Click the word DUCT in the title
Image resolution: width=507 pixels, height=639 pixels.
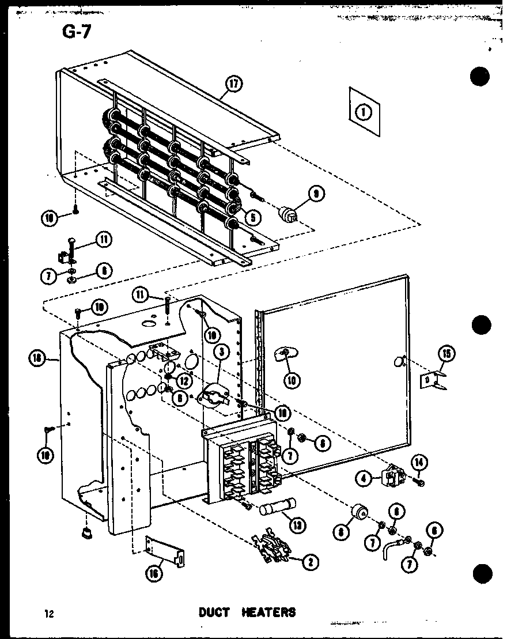(x=214, y=612)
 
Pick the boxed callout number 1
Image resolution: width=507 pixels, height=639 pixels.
(x=364, y=112)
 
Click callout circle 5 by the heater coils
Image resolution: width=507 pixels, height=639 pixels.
(x=252, y=218)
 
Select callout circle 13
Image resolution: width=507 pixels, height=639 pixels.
(x=298, y=524)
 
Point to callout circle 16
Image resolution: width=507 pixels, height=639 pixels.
(x=153, y=573)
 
